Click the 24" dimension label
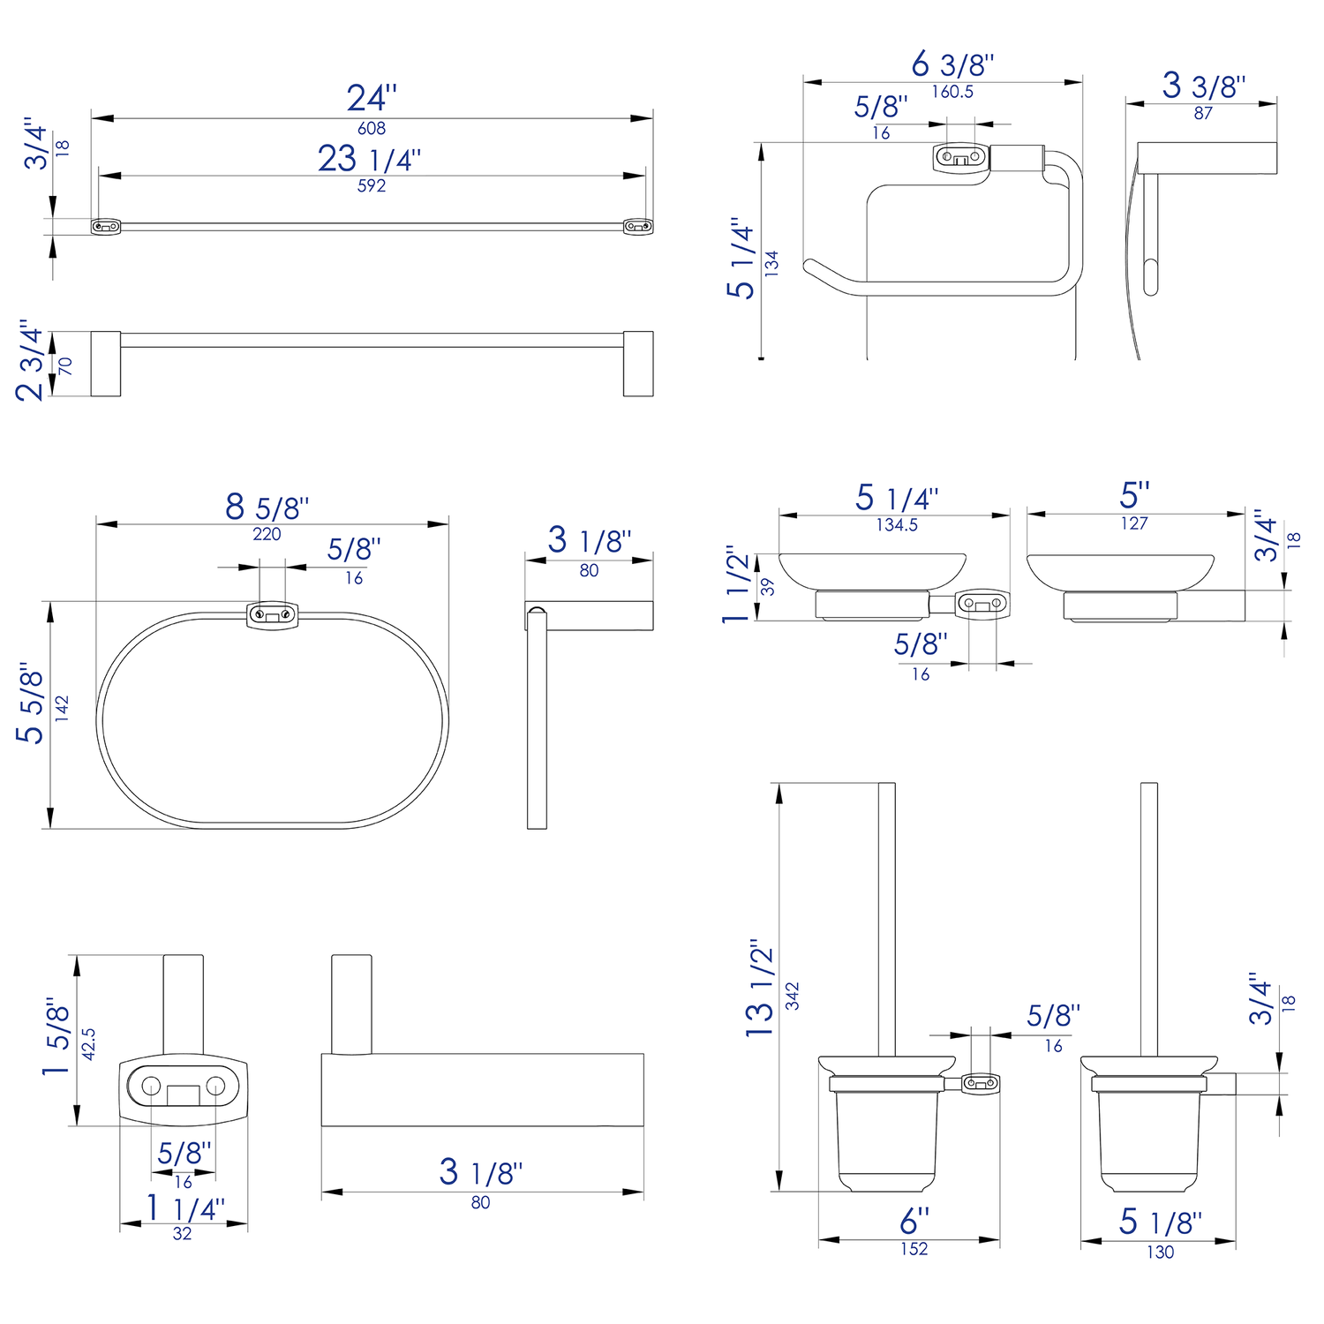coord(372,97)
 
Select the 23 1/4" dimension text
coord(369,159)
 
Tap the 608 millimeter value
coord(372,129)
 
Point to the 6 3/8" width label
coord(952,64)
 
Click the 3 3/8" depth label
coord(1203,86)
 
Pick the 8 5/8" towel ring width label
coord(267,508)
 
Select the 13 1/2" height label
coord(760,989)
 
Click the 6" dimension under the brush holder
coord(914,1222)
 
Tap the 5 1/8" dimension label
coord(1160,1222)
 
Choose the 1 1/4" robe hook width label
coord(185,1207)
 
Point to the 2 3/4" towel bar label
coord(31,361)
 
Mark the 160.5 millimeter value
coord(952,92)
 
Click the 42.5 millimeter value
coord(88,1044)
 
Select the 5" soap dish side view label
coord(1134,495)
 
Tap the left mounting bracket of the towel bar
coord(106,227)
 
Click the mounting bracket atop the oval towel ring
coord(272,613)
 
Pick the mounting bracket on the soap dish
coord(982,604)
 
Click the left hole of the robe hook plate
coord(151,1086)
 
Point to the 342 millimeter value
coord(793,996)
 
